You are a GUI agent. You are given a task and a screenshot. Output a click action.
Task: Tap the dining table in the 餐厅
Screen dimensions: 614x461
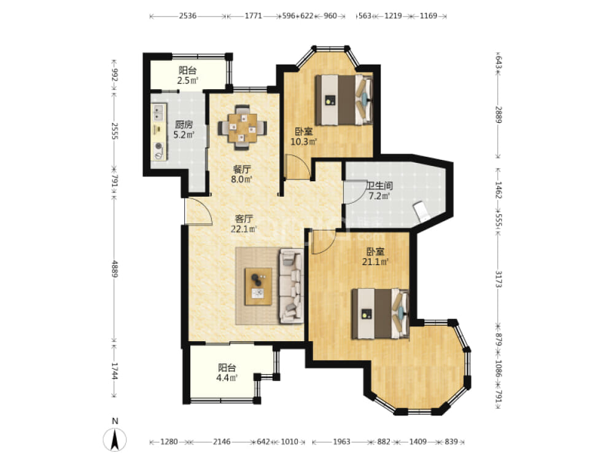pyautogui.click(x=243, y=127)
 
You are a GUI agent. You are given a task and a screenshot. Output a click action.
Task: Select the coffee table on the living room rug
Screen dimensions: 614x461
pyautogui.click(x=258, y=286)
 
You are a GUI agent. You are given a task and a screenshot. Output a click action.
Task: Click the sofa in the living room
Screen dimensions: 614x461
pyautogui.click(x=291, y=286)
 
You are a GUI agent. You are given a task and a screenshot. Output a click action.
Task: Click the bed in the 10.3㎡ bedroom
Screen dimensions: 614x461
pyautogui.click(x=344, y=100)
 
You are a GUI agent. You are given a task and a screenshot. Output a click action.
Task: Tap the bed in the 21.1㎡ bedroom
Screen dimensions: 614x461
pyautogui.click(x=380, y=314)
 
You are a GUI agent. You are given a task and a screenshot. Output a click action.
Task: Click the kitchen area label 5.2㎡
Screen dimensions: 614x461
pyautogui.click(x=184, y=135)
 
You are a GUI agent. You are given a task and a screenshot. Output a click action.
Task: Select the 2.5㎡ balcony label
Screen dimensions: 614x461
pyautogui.click(x=187, y=81)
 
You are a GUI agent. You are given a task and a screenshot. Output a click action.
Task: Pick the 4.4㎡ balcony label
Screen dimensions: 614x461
pyautogui.click(x=227, y=378)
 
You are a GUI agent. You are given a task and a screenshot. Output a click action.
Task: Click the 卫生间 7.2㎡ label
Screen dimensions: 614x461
pyautogui.click(x=379, y=191)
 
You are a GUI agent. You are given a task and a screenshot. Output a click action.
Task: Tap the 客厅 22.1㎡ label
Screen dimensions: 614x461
pyautogui.click(x=244, y=224)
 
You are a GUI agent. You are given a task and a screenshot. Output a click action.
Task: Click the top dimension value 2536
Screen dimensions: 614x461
pyautogui.click(x=187, y=16)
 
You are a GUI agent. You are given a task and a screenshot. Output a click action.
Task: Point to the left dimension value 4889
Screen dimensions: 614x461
pyautogui.click(x=114, y=269)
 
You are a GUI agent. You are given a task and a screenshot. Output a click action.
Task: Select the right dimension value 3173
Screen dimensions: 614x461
pyautogui.click(x=499, y=278)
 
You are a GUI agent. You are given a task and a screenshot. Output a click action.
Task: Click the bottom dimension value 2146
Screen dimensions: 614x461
pyautogui.click(x=222, y=442)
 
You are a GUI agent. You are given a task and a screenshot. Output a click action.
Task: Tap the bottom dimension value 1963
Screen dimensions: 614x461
pyautogui.click(x=341, y=442)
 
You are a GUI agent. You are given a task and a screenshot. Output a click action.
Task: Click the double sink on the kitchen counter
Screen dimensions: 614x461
pyautogui.click(x=158, y=112)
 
